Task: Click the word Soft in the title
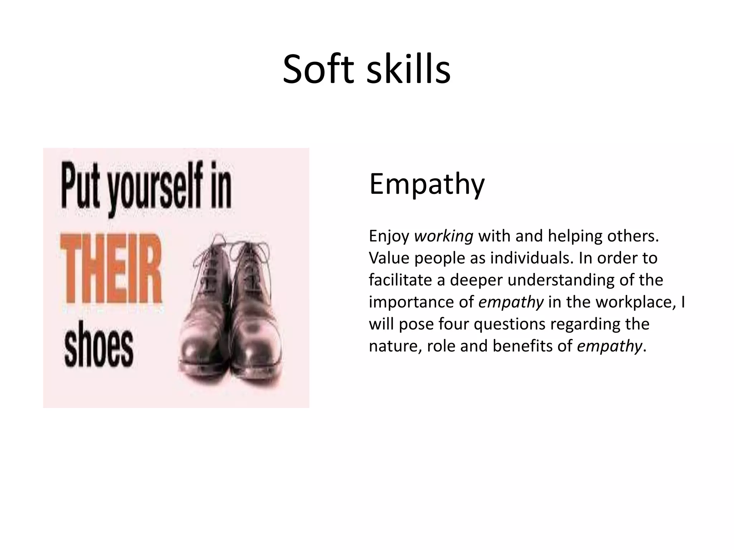tap(319, 69)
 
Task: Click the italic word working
tap(444, 236)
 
